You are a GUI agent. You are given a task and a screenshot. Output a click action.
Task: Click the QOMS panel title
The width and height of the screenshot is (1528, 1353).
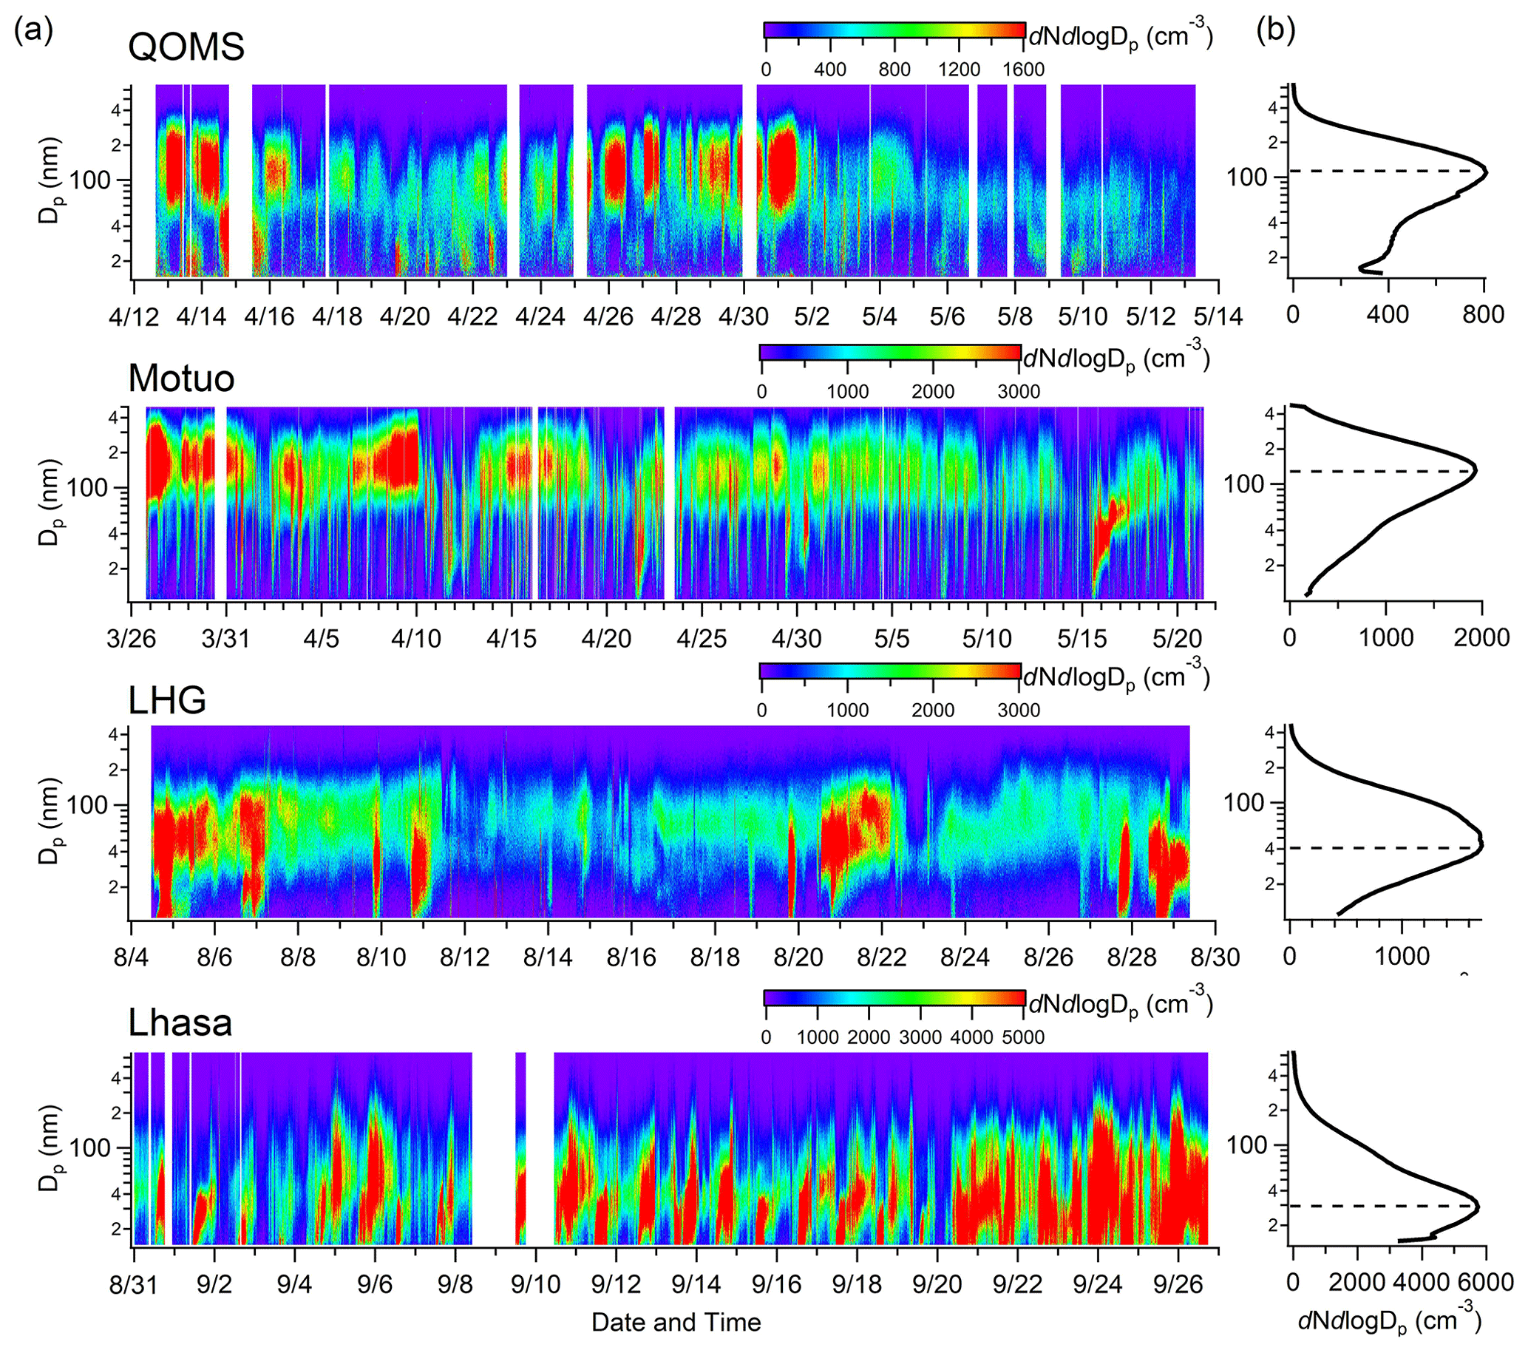[186, 47]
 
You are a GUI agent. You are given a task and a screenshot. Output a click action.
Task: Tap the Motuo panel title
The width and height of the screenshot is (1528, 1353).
[182, 379]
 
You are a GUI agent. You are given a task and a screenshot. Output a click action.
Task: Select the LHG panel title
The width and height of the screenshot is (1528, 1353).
[168, 700]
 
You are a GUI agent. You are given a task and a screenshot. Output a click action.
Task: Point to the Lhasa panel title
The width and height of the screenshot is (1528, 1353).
[180, 1023]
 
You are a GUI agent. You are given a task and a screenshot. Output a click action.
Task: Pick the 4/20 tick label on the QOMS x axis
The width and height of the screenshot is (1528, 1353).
[404, 316]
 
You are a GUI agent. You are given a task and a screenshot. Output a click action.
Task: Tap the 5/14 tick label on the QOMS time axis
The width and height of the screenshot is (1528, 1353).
[1218, 316]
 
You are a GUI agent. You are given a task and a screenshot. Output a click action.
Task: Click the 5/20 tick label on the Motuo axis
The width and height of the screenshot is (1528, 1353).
[1178, 639]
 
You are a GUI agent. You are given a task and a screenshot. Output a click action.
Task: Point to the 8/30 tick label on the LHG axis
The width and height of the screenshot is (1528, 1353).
[1215, 957]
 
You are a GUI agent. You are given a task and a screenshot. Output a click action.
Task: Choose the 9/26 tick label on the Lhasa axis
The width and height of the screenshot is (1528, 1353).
[1179, 1284]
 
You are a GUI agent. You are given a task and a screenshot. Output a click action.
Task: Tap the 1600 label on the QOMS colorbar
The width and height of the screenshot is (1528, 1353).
[1023, 69]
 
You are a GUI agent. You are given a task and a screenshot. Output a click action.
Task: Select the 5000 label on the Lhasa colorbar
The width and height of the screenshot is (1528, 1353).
[1023, 1037]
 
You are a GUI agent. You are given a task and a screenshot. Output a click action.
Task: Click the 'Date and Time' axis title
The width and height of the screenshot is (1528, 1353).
[676, 1322]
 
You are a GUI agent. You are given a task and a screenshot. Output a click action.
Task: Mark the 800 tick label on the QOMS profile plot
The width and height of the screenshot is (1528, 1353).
[1484, 314]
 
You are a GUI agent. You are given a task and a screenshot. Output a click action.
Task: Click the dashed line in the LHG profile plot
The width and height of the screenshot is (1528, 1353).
[1383, 848]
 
